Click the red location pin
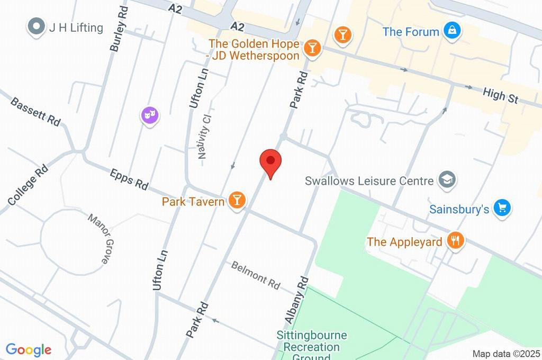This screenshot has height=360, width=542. (270, 161)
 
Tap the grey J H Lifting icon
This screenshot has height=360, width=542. (36, 27)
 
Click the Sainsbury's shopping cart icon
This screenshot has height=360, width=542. (501, 208)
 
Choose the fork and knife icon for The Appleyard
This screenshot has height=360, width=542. (455, 241)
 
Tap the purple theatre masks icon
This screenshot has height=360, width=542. (150, 115)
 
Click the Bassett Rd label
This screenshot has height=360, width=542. (35, 111)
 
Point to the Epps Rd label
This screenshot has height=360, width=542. (129, 179)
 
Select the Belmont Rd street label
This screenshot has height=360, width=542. (256, 275)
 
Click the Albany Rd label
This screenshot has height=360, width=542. (296, 300)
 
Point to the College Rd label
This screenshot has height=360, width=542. (28, 185)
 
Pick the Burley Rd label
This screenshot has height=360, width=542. (119, 29)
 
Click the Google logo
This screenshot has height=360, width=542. (29, 349)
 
